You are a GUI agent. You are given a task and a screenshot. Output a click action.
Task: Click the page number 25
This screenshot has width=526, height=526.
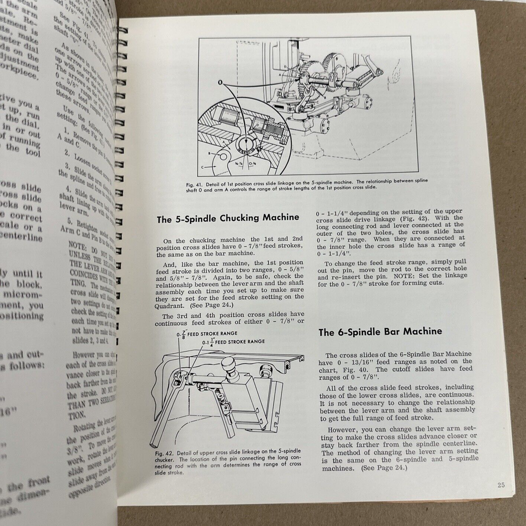pos(499,484)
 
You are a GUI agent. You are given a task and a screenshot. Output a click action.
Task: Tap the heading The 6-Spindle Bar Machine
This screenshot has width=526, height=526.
pos(380,331)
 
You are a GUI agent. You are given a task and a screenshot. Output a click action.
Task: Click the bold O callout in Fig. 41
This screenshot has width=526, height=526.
pos(219,82)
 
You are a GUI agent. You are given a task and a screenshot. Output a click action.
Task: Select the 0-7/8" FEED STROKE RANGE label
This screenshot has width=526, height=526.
pos(209,333)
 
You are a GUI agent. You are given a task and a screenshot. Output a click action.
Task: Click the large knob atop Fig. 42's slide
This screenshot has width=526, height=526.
pos(230,366)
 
